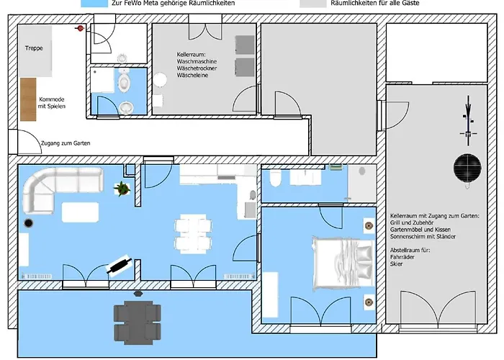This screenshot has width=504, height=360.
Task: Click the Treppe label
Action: [34, 48]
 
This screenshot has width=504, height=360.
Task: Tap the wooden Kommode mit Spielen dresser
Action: [28, 99]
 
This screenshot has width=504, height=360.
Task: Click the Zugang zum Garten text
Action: [66, 143]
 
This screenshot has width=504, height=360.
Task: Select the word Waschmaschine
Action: [197, 61]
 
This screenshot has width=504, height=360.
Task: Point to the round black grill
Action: [467, 168]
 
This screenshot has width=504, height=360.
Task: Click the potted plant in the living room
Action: [122, 189]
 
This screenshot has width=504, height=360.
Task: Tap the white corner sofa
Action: [58, 187]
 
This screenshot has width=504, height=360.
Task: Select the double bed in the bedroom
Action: [343, 263]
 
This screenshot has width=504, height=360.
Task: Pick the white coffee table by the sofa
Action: [81, 212]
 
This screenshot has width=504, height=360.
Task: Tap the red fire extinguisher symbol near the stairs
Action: [80, 29]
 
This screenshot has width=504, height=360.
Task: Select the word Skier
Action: [396, 264]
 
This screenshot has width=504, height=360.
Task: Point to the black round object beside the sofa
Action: [28, 222]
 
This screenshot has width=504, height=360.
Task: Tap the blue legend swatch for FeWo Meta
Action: [94, 3]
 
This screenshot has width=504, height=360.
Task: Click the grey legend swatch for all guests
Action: [313, 3]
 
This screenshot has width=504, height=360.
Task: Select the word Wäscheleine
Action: [192, 75]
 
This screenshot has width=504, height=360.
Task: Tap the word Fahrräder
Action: [402, 257]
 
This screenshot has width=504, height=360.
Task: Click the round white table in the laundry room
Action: [160, 80]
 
